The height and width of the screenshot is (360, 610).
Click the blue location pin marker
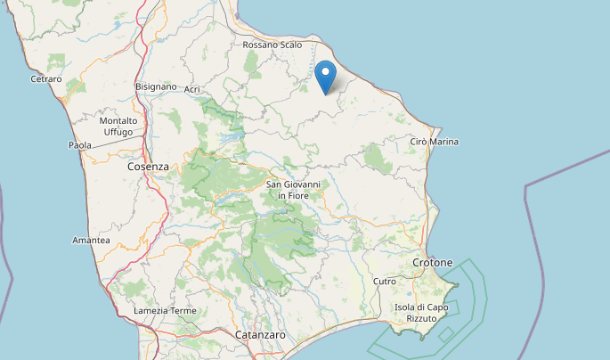(327, 77)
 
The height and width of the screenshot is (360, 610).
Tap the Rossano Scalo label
(272, 45)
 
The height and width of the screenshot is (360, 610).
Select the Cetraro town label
(46, 79)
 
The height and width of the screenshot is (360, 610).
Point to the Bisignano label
(155, 86)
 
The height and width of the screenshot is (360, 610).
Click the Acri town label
(192, 90)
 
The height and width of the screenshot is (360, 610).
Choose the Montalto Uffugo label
(118, 127)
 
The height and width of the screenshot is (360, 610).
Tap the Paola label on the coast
(80, 145)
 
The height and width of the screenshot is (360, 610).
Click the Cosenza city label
(148, 167)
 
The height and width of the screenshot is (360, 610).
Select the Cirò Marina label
(435, 142)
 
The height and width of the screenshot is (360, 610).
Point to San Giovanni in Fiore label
(294, 190)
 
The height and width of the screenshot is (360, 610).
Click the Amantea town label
(91, 241)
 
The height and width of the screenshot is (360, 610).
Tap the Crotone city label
(433, 263)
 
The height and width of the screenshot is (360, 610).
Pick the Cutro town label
(385, 282)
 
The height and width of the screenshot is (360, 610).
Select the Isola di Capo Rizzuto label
(422, 313)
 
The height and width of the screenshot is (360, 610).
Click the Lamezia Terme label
(164, 310)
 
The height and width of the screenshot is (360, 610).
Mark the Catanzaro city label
(260, 335)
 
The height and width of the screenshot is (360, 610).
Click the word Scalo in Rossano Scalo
(289, 45)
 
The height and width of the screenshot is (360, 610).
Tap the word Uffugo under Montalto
(118, 132)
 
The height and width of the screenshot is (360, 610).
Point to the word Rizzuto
(421, 318)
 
